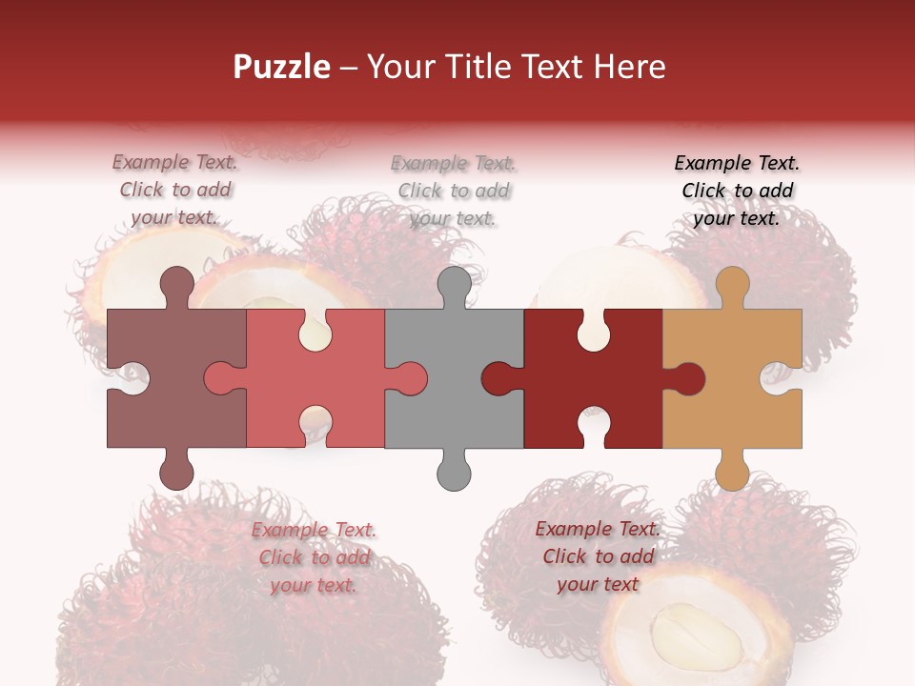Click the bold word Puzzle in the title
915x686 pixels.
tap(282, 67)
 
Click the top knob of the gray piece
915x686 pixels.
tap(454, 284)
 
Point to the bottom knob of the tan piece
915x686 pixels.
tap(732, 471)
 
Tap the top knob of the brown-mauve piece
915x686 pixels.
tap(176, 284)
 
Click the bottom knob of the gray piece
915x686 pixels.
tap(454, 471)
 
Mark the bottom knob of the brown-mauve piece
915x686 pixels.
tap(176, 471)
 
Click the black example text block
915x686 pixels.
tap(737, 191)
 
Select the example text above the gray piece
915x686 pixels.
tap(454, 191)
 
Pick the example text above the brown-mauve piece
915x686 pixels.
tap(175, 191)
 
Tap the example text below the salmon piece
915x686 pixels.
tap(314, 557)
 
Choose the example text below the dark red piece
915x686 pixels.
tap(598, 556)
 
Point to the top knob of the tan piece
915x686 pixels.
tap(732, 284)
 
